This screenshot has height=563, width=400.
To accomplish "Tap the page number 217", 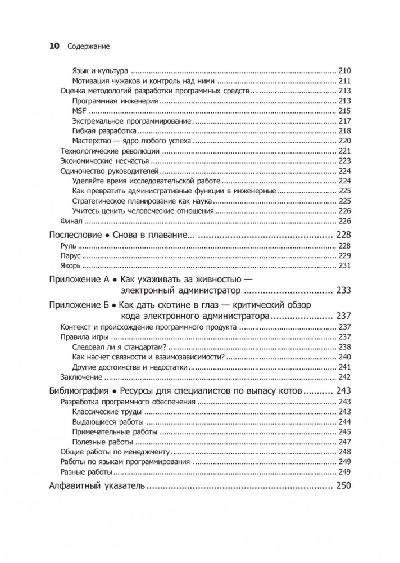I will (x=344, y=121).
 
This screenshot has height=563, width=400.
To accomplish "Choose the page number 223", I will (x=344, y=161).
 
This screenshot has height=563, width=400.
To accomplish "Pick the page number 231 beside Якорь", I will (x=344, y=266).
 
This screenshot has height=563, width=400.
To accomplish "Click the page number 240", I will (x=344, y=357).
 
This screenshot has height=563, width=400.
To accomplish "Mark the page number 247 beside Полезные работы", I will (x=344, y=442).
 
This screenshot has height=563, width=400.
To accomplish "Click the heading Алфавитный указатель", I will (x=95, y=486).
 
